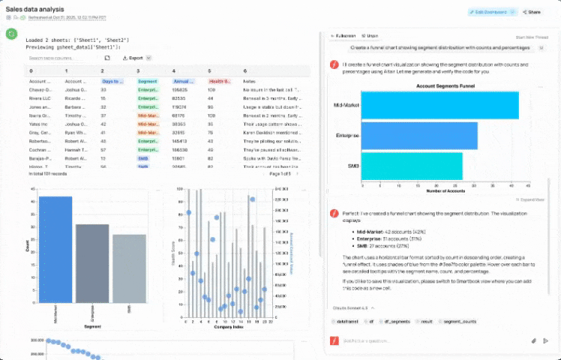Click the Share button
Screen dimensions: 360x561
click(x=532, y=12)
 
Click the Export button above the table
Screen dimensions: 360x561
click(x=135, y=58)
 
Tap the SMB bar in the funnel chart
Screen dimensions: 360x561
click(x=411, y=166)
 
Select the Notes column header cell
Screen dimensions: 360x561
click(x=249, y=81)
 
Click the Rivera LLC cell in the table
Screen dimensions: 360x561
click(x=39, y=98)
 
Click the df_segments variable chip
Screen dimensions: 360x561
click(x=398, y=322)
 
